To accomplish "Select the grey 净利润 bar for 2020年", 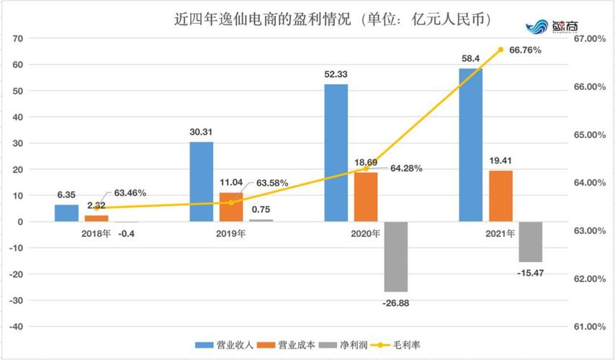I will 395,256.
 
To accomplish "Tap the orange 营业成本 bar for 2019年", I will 231,207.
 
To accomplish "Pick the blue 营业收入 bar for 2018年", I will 67,213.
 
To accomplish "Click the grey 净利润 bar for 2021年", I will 530,241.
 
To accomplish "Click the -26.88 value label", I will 395,303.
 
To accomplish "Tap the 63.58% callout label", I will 269,183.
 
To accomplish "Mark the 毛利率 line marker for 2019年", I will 231,202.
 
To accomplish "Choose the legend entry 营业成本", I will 274,345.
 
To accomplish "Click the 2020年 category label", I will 365,233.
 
